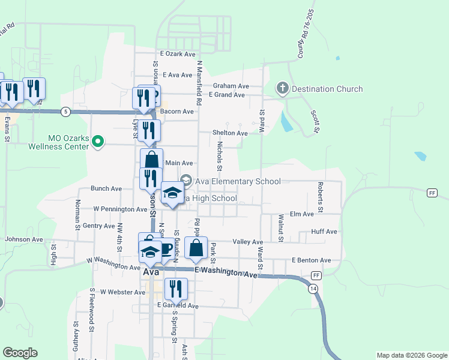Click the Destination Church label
coord(327,89)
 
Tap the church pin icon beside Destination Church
coord(283,89)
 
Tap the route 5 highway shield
coord(65,111)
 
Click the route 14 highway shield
coord(314,289)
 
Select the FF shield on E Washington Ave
coord(316,275)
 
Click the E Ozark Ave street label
coord(178,54)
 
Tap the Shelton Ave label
coord(230,133)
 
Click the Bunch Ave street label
coord(106,188)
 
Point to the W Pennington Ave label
coord(121,209)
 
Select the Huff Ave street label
coord(324,232)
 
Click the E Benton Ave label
coord(311,260)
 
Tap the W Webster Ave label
coord(122,292)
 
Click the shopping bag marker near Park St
coord(196,248)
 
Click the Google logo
coord(20,353)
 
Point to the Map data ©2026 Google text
coord(411,355)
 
